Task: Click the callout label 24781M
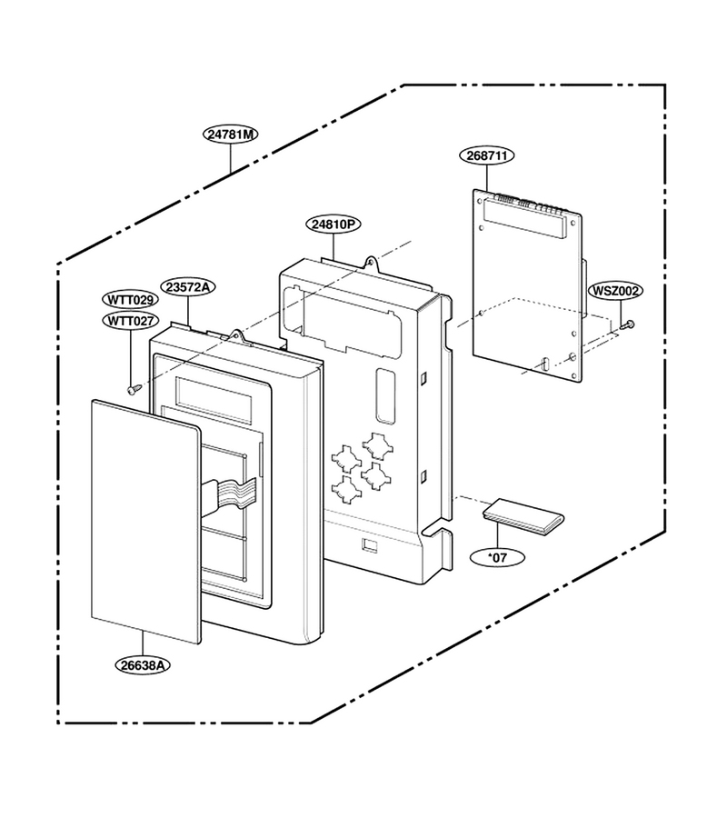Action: pyautogui.click(x=231, y=135)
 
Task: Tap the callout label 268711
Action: pyautogui.click(x=487, y=155)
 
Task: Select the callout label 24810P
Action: pyautogui.click(x=334, y=224)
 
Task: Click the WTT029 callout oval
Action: pyautogui.click(x=130, y=300)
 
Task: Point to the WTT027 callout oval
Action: pyautogui.click(x=130, y=320)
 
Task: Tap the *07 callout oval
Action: pyautogui.click(x=497, y=557)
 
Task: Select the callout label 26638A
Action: pyautogui.click(x=143, y=665)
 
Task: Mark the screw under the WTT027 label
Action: pyautogui.click(x=134, y=389)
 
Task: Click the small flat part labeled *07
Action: pyautogui.click(x=523, y=516)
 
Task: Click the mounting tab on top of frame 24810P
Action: pyautogui.click(x=372, y=263)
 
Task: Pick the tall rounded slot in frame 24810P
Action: pyautogui.click(x=385, y=395)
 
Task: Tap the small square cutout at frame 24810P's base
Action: pyautogui.click(x=370, y=544)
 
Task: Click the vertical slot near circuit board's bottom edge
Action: pyautogui.click(x=545, y=364)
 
